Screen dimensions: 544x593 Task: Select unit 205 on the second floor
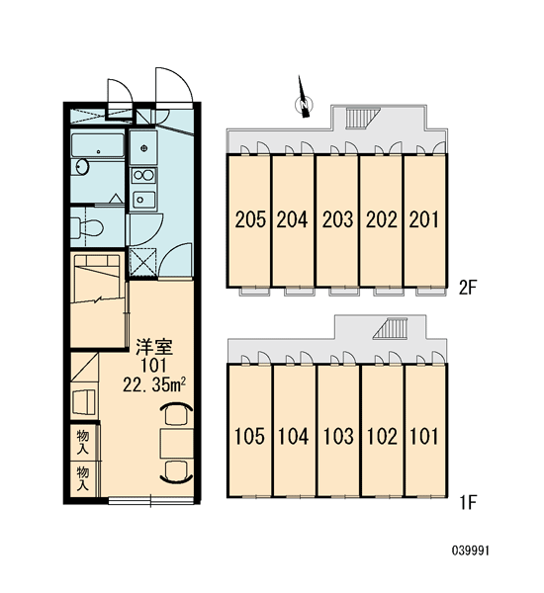[250, 219]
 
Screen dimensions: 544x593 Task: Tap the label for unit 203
[337, 219]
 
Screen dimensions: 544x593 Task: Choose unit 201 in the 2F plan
[424, 219]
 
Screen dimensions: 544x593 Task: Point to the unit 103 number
[338, 436]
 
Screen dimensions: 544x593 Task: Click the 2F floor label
[467, 289]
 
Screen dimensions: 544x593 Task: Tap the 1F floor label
[468, 503]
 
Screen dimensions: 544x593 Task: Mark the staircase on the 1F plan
[391, 328]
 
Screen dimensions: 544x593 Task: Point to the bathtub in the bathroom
[98, 145]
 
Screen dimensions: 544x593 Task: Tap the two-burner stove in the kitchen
[143, 176]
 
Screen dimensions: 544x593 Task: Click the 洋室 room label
[154, 348]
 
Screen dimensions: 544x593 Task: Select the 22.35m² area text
[154, 385]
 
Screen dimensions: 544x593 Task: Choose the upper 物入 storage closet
[82, 442]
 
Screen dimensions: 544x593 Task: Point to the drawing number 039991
[471, 551]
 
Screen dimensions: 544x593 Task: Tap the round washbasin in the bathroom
[82, 166]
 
